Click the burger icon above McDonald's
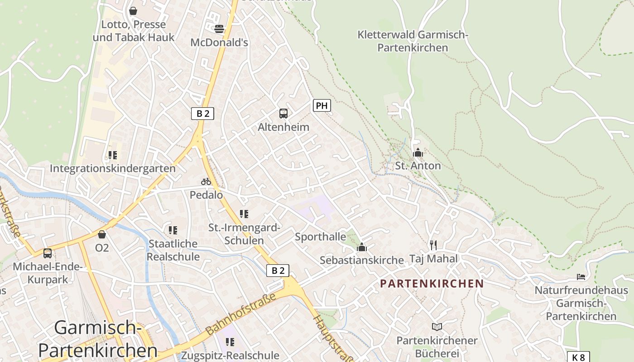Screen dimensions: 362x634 (219, 29)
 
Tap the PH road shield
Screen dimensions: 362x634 (322, 106)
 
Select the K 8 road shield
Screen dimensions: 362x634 (578, 357)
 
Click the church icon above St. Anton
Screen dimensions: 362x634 (418, 153)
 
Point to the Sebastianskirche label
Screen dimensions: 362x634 (361, 260)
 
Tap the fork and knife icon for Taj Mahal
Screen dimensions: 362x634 (433, 245)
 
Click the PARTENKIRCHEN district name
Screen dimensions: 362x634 (432, 284)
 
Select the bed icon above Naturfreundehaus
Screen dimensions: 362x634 (581, 276)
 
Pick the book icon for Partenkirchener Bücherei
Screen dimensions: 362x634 (437, 327)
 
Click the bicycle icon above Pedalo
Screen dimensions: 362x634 (206, 181)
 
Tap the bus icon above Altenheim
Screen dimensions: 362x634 (283, 114)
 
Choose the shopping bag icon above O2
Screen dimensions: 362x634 (102, 234)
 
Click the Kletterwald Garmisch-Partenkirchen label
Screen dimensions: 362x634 (413, 41)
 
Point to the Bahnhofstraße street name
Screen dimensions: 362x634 (240, 314)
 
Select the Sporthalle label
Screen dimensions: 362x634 (320, 237)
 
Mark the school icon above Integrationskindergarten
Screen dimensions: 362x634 (112, 155)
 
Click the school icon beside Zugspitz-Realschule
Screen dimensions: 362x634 (230, 342)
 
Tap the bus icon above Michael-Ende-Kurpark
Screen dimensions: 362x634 (48, 253)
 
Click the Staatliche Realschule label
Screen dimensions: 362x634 (173, 250)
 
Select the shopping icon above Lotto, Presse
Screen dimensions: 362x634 (133, 10)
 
